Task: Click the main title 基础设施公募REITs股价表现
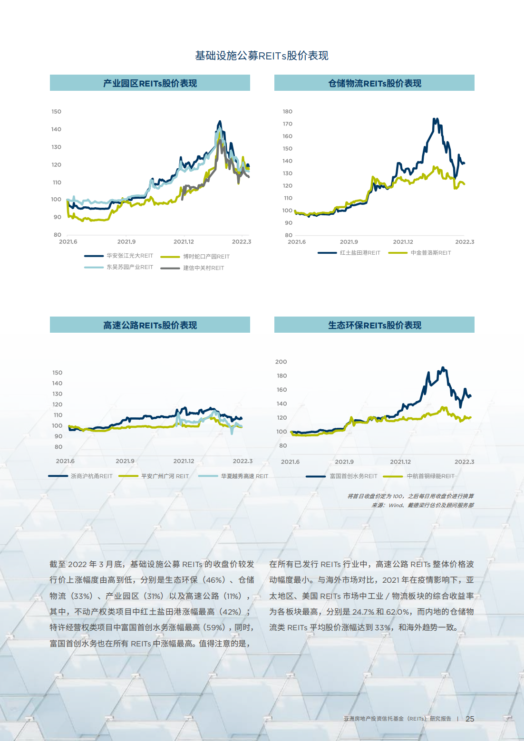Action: pyautogui.click(x=262, y=56)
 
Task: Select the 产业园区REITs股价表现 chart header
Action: pyautogui.click(x=150, y=83)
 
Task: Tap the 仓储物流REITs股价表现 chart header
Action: pyautogui.click(x=374, y=83)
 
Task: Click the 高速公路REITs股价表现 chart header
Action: pyautogui.click(x=150, y=325)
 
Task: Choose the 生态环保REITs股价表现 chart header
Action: pyautogui.click(x=374, y=325)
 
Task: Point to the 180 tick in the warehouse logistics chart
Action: pyautogui.click(x=288, y=112)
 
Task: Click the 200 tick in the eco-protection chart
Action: pyautogui.click(x=281, y=362)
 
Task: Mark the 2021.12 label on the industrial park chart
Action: pyautogui.click(x=184, y=242)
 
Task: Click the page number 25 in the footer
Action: pyautogui.click(x=470, y=719)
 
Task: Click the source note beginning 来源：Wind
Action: pyautogui.click(x=422, y=505)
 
